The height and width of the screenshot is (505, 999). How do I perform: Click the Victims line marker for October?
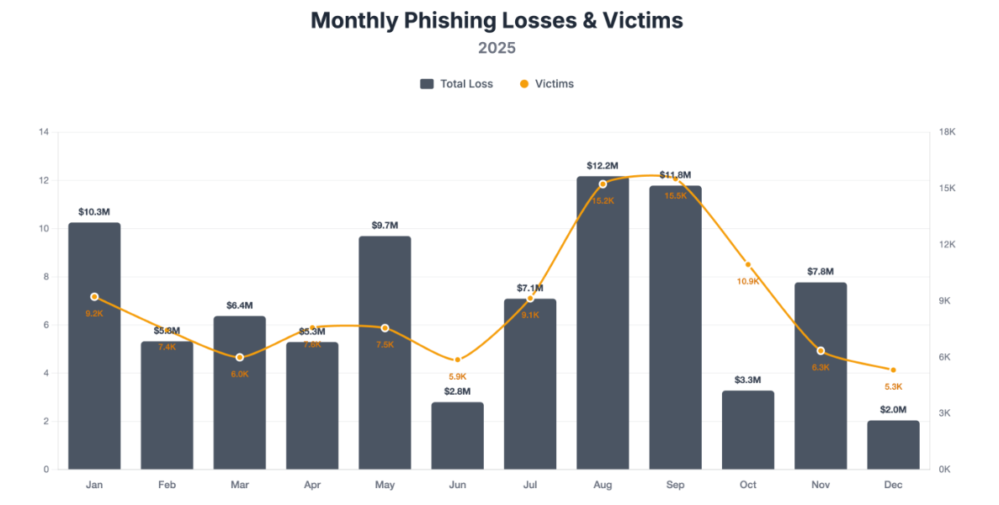[748, 265]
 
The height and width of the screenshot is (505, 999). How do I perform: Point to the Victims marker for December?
[893, 370]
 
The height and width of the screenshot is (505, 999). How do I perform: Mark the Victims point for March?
[240, 358]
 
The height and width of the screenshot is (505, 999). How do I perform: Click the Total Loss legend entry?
[457, 84]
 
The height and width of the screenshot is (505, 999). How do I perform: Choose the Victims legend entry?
[546, 84]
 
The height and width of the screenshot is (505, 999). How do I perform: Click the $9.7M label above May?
[385, 226]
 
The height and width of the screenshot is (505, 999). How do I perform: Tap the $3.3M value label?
[748, 380]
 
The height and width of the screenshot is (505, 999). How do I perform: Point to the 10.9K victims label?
[748, 281]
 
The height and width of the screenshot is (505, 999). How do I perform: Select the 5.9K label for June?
[458, 376]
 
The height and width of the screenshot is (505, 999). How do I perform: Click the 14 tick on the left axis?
[44, 132]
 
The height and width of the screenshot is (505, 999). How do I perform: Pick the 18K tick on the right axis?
[947, 132]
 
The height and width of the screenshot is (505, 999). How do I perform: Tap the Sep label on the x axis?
[675, 485]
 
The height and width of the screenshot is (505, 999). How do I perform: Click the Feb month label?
[167, 485]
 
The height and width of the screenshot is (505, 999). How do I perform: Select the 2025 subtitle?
[497, 48]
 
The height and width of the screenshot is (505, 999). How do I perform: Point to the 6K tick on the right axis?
[945, 357]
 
